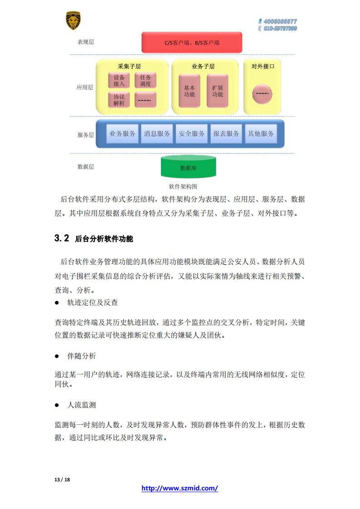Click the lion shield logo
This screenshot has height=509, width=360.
(x=73, y=20)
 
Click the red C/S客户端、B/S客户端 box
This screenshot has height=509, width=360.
(x=192, y=43)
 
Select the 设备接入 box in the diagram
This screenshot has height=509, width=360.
(x=119, y=81)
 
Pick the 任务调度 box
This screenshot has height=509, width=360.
(x=146, y=81)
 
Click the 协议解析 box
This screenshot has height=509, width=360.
(x=119, y=100)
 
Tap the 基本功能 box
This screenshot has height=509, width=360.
(x=190, y=91)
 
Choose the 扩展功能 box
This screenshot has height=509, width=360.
(x=218, y=91)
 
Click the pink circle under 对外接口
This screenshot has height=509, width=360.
(x=262, y=94)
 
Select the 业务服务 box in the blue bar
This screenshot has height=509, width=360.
(x=122, y=133)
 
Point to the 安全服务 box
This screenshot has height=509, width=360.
(x=191, y=133)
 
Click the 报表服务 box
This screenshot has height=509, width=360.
(x=226, y=133)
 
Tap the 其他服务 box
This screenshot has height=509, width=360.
(x=261, y=133)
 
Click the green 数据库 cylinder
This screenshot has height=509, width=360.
(x=189, y=167)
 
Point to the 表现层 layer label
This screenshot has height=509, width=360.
(x=86, y=42)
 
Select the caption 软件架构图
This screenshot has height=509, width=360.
(x=183, y=186)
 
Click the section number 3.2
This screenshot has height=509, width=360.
(x=62, y=238)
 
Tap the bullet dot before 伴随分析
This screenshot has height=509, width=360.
(x=57, y=356)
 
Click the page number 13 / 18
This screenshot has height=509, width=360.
(x=62, y=480)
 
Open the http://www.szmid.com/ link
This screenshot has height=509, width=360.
(x=180, y=488)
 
